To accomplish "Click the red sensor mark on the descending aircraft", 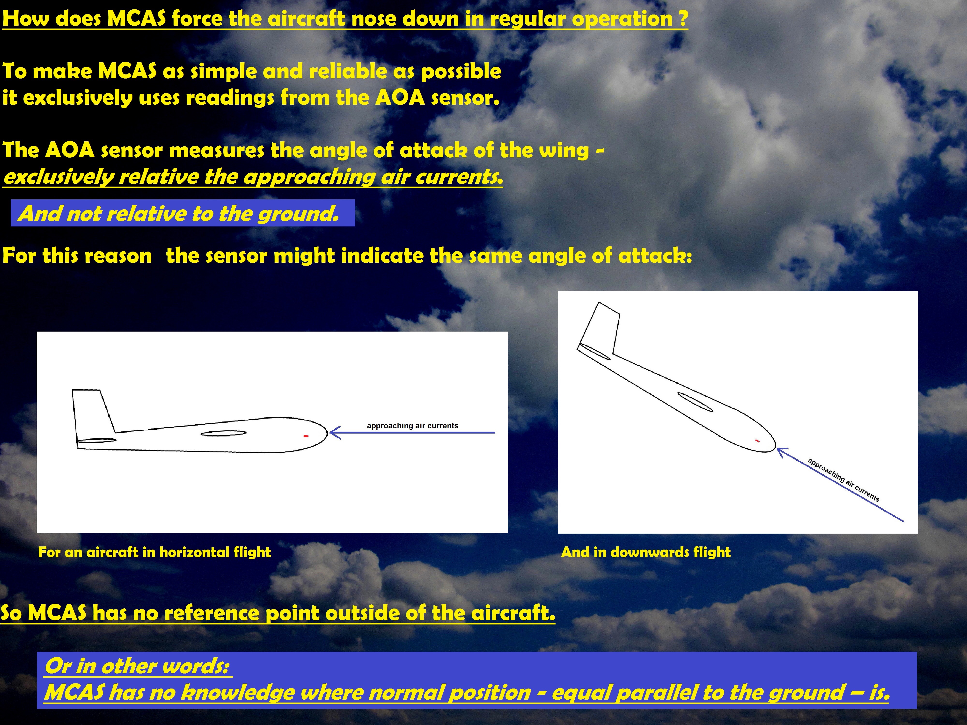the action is point(758,441).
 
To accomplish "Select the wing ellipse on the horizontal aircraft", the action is point(223,434).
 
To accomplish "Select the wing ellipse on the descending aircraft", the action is point(695,402).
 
